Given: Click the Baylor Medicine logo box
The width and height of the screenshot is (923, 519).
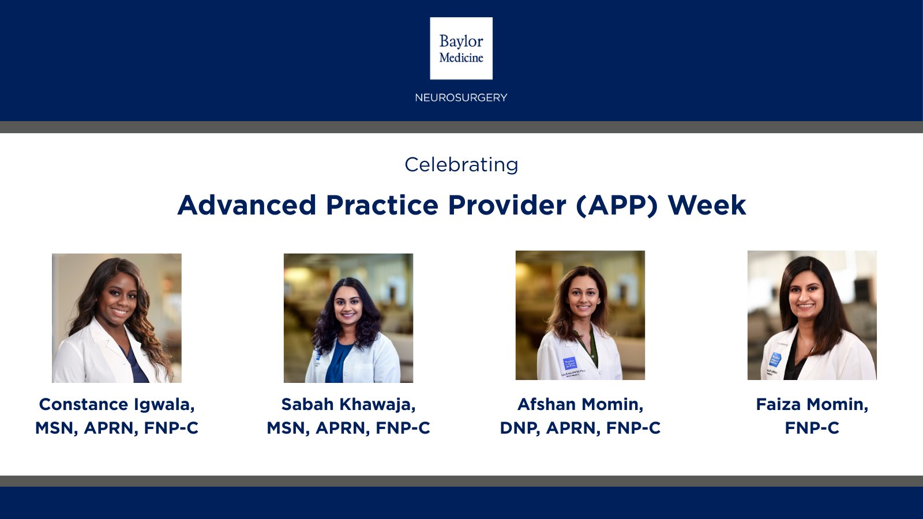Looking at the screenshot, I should coord(461,48).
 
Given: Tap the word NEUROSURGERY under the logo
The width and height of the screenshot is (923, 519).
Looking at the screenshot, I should coord(461,98).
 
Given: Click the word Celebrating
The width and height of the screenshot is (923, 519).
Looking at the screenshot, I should coord(461,165).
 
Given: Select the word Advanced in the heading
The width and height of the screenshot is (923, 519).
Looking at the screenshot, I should coord(247,205).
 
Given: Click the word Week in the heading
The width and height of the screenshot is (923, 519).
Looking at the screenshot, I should coord(707,205).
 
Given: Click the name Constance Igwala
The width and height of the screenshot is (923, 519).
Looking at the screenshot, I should coord(117,404).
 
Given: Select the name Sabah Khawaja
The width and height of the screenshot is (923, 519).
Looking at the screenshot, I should coord(348,404).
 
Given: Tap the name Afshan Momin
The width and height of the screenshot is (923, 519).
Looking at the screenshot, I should coord(580,404).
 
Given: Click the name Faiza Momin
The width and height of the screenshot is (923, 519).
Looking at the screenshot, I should coord(812,404).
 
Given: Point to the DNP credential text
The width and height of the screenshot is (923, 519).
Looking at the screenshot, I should coord(519,428).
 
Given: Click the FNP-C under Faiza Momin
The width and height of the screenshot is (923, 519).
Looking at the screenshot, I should coord(812,428).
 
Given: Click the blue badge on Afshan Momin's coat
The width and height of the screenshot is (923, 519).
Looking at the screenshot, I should coord(570,364).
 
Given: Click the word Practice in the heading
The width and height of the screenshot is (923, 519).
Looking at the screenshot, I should coord(382,205).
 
